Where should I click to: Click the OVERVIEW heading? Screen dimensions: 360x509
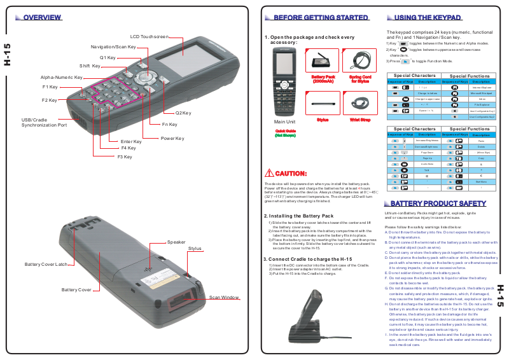[42, 17]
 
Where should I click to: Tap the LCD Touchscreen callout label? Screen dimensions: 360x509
[150, 37]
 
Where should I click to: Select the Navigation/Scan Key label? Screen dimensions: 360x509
[113, 47]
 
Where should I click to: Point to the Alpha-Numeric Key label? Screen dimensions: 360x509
[62, 78]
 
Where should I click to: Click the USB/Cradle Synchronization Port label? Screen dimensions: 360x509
[44, 123]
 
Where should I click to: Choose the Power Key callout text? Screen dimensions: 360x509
[172, 138]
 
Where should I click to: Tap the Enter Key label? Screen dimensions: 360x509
[131, 141]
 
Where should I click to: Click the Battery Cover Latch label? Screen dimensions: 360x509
[46, 264]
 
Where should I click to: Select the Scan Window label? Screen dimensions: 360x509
[224, 298]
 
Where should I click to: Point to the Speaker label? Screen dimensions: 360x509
[176, 242]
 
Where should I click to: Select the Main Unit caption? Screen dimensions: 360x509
[284, 121]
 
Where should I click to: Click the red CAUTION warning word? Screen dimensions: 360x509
[291, 173]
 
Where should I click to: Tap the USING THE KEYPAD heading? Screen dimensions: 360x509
[428, 18]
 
